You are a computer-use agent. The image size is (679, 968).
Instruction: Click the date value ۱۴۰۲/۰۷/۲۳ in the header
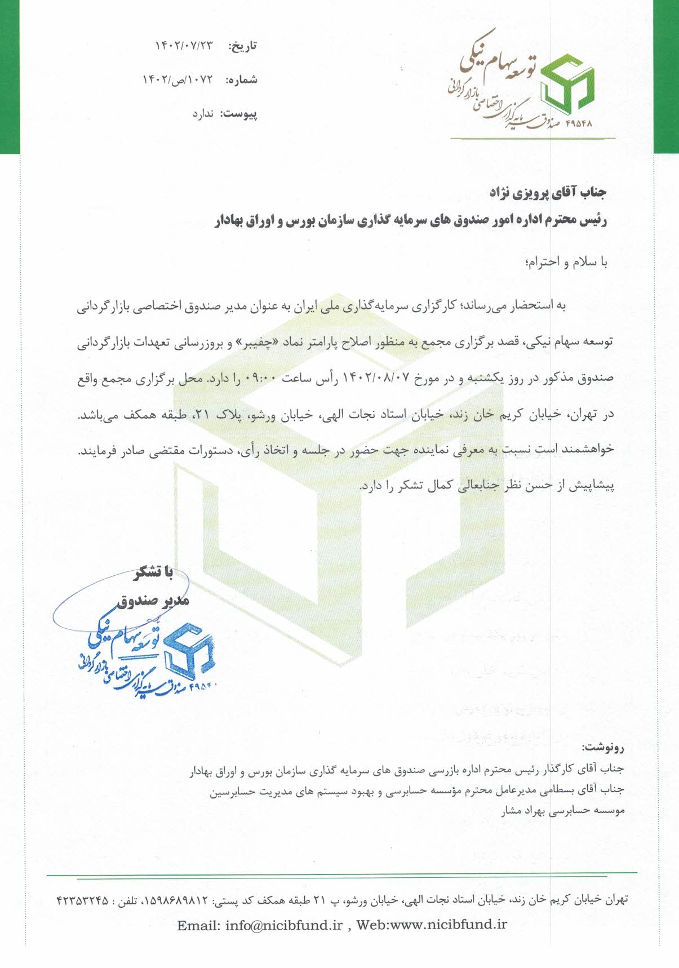pyautogui.click(x=184, y=46)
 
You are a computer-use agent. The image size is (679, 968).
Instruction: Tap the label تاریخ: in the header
pyautogui.click(x=242, y=46)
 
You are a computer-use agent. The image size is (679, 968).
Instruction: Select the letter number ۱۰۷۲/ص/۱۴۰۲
pyautogui.click(x=178, y=80)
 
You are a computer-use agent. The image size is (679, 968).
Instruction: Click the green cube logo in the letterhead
pyautogui.click(x=566, y=85)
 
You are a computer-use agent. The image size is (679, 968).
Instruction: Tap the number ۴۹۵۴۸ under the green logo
pyautogui.click(x=579, y=123)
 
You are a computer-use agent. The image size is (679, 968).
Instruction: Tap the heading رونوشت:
pyautogui.click(x=603, y=748)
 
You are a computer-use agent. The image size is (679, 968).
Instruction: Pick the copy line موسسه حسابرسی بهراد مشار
pyautogui.click(x=563, y=810)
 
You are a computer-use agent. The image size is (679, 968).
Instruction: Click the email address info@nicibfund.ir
pyautogui.click(x=284, y=925)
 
